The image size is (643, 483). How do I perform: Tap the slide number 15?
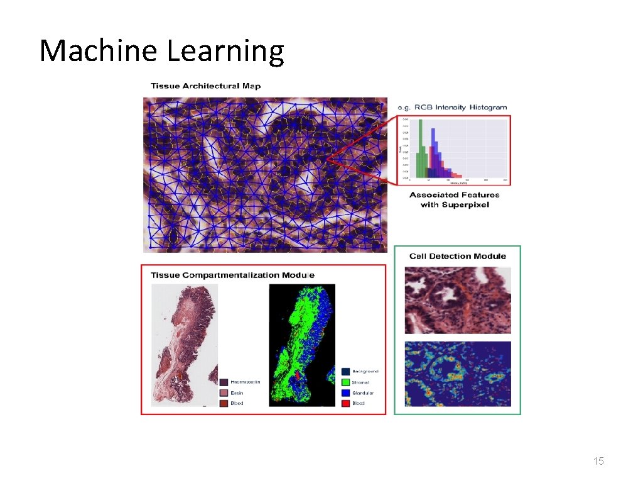point(598,462)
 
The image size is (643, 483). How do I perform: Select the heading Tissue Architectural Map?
point(205,86)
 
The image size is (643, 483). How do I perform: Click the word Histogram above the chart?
point(487,107)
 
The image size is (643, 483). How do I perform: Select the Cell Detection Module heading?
point(457,256)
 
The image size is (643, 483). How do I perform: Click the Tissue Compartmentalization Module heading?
point(232,275)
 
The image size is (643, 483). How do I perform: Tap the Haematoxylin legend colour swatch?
point(224,382)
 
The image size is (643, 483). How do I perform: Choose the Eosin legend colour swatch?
point(224,392)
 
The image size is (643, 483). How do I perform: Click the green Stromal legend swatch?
point(345,382)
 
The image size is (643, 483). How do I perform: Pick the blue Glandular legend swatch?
point(345,392)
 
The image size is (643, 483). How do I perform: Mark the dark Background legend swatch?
point(345,371)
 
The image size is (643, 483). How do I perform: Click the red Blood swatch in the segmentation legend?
point(345,403)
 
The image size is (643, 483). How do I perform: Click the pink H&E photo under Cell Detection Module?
point(457,300)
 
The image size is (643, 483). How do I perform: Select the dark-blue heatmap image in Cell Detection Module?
point(457,374)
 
